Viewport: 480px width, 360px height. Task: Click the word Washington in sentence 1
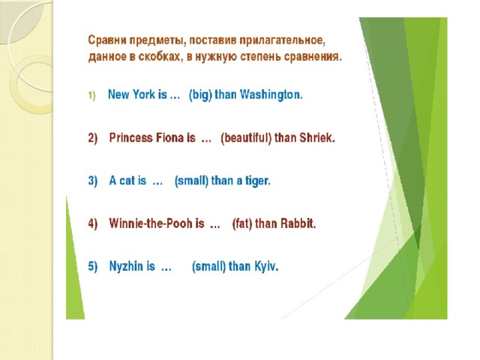tap(271, 94)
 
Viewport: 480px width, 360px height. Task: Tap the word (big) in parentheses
tap(200, 94)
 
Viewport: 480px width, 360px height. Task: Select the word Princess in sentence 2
tap(130, 137)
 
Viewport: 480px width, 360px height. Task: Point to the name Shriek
tap(317, 137)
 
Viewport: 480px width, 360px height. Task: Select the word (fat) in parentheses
tap(242, 223)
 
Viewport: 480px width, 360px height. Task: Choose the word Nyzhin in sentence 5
tap(125, 266)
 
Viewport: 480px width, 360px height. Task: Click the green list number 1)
tap(91, 95)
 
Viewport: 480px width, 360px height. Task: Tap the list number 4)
tap(93, 223)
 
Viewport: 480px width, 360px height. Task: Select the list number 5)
tap(93, 266)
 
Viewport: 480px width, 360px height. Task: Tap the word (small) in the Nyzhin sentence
tap(208, 266)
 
